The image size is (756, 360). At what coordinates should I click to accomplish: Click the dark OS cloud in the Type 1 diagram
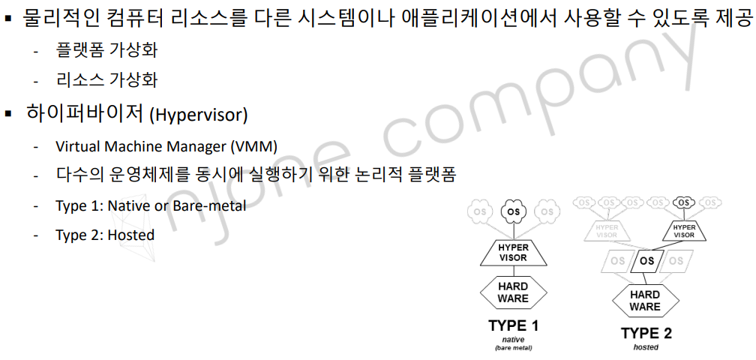[x=514, y=212]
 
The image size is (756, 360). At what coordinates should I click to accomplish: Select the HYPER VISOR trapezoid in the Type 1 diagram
[x=514, y=253]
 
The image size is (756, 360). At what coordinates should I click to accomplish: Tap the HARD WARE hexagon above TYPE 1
[x=514, y=292]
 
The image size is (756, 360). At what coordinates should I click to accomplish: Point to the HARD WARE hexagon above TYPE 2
[x=645, y=300]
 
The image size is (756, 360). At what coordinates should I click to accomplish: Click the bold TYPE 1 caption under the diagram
[x=514, y=326]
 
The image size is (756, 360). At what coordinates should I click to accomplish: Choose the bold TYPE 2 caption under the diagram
[x=646, y=334]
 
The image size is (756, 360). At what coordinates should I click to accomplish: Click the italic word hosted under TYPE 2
[x=646, y=347]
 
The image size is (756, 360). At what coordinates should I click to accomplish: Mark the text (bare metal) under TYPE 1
[x=514, y=348]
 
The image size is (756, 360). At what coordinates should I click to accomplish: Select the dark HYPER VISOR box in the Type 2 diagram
[x=683, y=230]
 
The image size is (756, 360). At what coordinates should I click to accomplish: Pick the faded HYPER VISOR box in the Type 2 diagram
[x=606, y=230]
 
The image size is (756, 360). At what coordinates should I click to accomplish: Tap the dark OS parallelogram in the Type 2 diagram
[x=646, y=262]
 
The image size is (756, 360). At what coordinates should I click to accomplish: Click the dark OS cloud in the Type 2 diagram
[x=682, y=202]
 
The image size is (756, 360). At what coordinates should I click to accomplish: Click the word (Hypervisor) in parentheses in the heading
[x=198, y=115]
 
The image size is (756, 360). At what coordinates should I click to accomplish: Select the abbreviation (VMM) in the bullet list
[x=260, y=146]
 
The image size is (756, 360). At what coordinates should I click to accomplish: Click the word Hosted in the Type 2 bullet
[x=131, y=235]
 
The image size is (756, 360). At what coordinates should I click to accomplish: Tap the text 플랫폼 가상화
[x=106, y=51]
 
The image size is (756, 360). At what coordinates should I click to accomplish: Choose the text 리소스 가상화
[x=106, y=79]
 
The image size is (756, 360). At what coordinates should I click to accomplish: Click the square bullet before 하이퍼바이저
[x=10, y=115]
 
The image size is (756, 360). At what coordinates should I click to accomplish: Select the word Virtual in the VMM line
[x=77, y=146]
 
